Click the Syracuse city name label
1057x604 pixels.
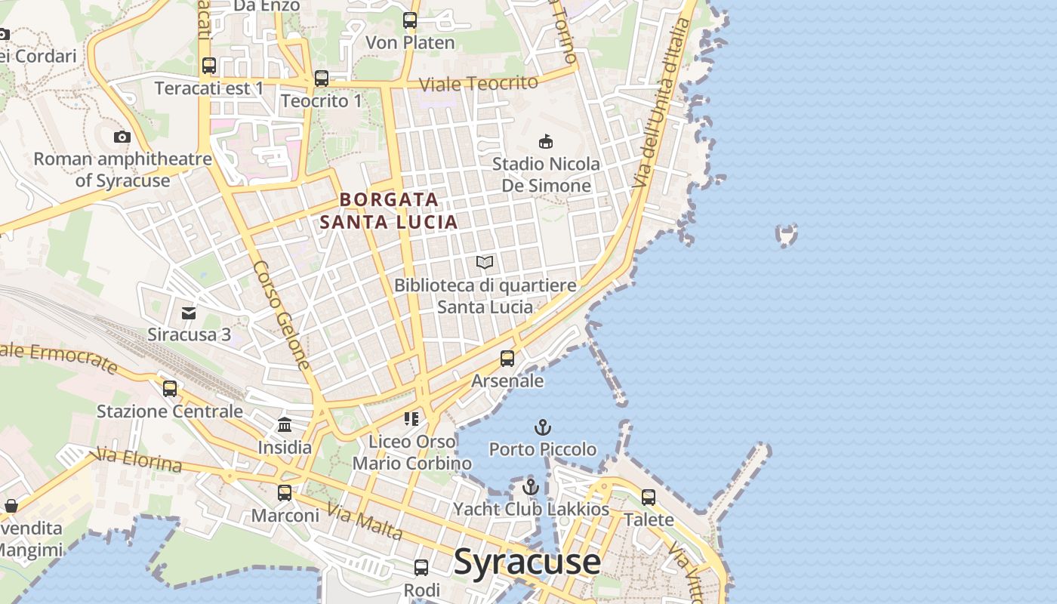pyautogui.click(x=527, y=562)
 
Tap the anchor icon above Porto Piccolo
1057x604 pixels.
pyautogui.click(x=542, y=428)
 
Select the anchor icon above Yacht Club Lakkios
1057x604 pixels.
pyautogui.click(x=530, y=487)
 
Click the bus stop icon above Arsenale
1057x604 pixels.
pyautogui.click(x=507, y=358)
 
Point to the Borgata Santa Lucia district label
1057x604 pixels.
pyautogui.click(x=389, y=211)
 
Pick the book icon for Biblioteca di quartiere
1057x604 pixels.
pyautogui.click(x=485, y=263)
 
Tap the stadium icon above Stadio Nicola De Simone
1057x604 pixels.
pyautogui.click(x=546, y=141)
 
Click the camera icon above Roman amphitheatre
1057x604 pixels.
pyautogui.click(x=122, y=137)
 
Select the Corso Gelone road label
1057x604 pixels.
pyautogui.click(x=282, y=316)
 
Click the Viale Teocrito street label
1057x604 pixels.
pyautogui.click(x=479, y=83)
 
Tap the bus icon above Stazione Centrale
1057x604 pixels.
pyautogui.click(x=170, y=388)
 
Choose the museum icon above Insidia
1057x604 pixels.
pyautogui.click(x=285, y=424)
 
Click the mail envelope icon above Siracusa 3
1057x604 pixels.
pyautogui.click(x=189, y=313)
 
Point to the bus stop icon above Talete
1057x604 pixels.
pyautogui.click(x=649, y=497)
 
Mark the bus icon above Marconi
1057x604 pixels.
pyautogui.click(x=285, y=492)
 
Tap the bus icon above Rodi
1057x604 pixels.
pyautogui.click(x=421, y=567)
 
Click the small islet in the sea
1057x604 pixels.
pyautogui.click(x=787, y=235)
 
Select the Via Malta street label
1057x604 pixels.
pyautogui.click(x=365, y=523)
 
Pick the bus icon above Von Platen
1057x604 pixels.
pyautogui.click(x=410, y=20)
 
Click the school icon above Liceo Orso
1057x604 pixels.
pyautogui.click(x=411, y=418)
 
